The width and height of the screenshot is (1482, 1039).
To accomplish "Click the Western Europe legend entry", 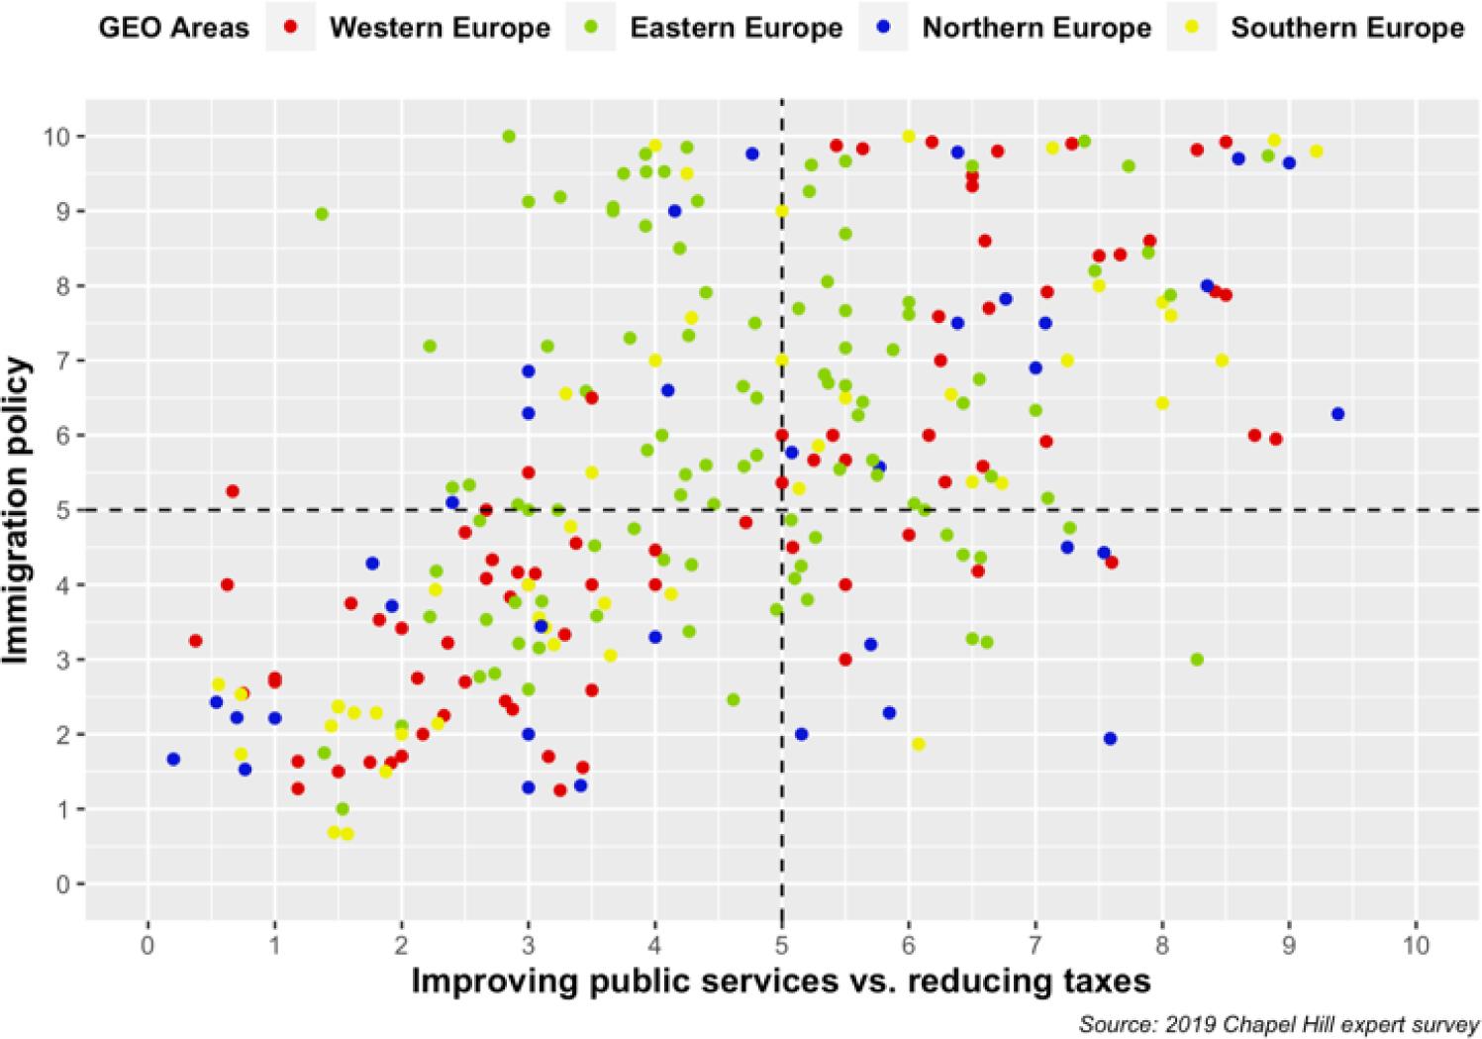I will click(x=439, y=27).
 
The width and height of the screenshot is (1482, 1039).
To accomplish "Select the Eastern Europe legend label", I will click(x=736, y=27).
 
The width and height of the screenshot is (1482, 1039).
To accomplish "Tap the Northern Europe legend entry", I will click(x=1036, y=27).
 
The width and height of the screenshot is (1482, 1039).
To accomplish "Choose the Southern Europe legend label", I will click(x=1346, y=27).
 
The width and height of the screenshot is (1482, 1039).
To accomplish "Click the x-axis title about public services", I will click(x=781, y=981).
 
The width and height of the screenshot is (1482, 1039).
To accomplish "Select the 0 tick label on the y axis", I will click(x=69, y=884).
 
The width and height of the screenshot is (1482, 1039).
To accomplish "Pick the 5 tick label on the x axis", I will click(x=782, y=945).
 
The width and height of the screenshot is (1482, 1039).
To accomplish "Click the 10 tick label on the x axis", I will click(x=1416, y=945).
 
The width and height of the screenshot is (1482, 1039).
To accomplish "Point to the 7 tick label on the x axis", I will click(x=1036, y=945).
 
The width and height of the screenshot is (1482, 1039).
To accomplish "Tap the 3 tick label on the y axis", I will click(x=69, y=660).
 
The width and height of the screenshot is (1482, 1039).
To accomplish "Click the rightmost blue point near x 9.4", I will click(x=1338, y=413).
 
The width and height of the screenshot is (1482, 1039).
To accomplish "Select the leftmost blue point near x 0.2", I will click(x=173, y=759).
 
